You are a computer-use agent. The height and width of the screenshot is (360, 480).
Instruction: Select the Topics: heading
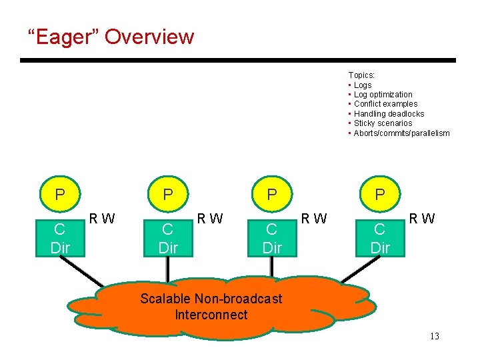pos(361,75)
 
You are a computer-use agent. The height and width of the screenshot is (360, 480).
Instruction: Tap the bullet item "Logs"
pos(363,85)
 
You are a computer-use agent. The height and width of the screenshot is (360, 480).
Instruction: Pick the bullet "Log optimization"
pos(383,95)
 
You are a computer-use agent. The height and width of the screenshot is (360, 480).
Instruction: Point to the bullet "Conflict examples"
pos(385,104)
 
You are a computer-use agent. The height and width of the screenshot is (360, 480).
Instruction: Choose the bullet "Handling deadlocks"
pos(389,114)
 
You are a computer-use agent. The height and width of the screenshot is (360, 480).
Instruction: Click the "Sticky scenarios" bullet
pos(383,123)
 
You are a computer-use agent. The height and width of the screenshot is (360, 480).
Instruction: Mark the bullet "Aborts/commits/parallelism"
pos(401,133)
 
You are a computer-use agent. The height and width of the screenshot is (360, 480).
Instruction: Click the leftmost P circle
pos(60,195)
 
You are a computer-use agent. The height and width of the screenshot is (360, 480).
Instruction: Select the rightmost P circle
pos(380,195)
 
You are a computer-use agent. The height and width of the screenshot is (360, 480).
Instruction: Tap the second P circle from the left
pos(168,195)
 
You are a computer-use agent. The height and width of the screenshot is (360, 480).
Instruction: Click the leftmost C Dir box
pos(59,239)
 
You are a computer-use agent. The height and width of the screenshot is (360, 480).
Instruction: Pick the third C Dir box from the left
pos(272,239)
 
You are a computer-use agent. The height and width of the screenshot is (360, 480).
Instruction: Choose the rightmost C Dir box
pos(380,239)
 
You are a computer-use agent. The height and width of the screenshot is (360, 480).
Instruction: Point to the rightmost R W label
pos(421,218)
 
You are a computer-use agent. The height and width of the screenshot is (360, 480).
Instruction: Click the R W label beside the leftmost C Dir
pos(102,218)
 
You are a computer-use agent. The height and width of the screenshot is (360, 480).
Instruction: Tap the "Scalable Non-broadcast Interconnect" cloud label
pos(211,307)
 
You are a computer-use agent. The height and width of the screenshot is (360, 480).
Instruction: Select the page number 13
pos(434,336)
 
